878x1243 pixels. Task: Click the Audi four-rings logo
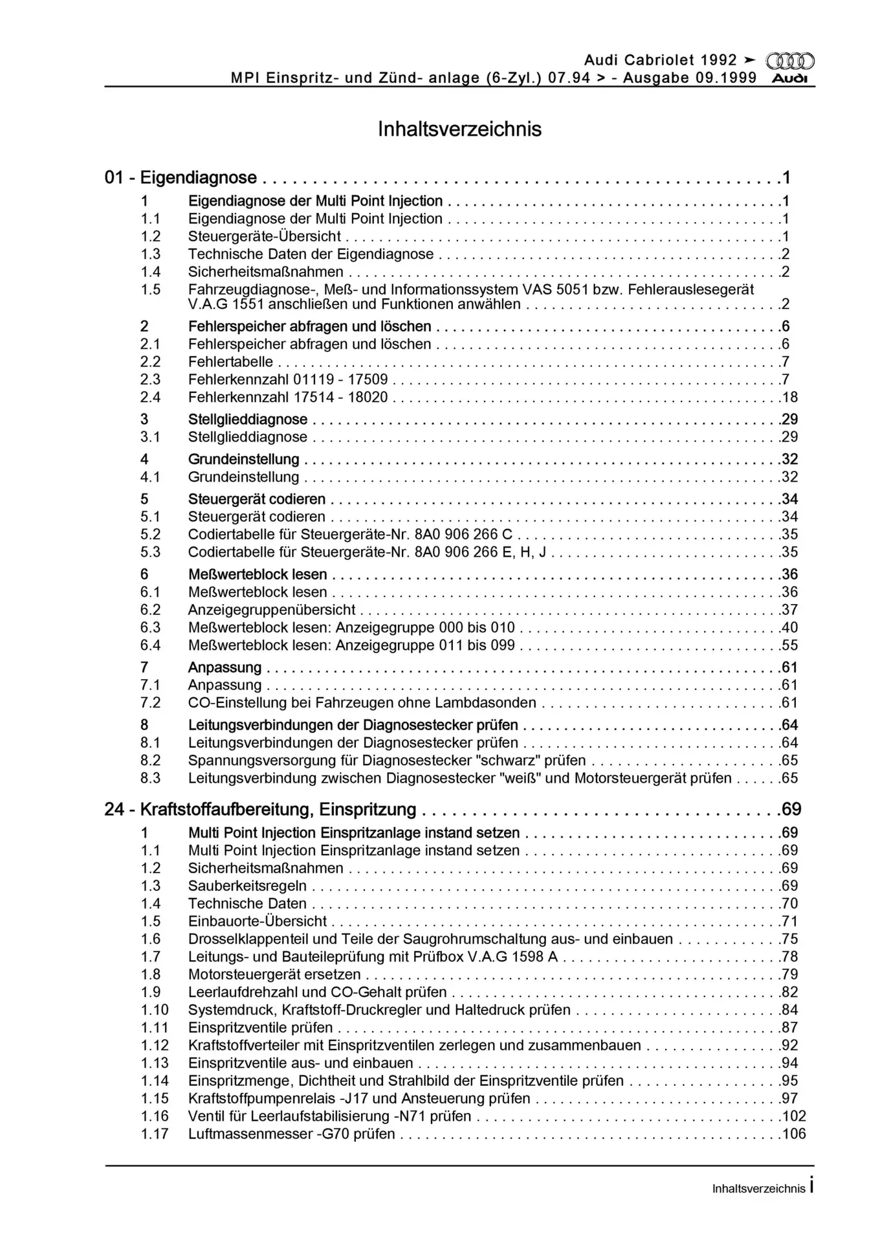[x=790, y=61]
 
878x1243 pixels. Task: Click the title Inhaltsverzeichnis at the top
[x=459, y=129]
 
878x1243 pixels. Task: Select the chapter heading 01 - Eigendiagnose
[x=181, y=177]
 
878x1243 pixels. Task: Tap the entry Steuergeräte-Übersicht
[x=264, y=236]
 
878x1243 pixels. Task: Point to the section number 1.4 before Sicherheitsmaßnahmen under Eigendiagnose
[x=151, y=272]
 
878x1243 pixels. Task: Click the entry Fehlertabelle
[x=230, y=362]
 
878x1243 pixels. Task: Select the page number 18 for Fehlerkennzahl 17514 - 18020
[x=789, y=398]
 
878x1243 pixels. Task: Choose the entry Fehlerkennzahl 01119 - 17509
[x=288, y=379]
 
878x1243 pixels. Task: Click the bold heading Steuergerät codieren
[x=257, y=499]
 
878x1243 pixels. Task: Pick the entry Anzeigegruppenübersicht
[x=272, y=610]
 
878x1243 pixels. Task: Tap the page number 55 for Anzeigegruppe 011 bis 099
[x=789, y=645]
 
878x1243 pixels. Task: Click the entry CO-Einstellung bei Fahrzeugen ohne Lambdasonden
[x=362, y=703]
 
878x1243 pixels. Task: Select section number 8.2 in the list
[x=151, y=761]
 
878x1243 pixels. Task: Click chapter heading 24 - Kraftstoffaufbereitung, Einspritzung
[x=260, y=809]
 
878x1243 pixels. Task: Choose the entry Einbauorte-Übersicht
[x=258, y=921]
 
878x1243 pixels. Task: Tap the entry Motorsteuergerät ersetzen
[x=274, y=974]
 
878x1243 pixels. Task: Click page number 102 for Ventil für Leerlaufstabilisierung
[x=793, y=1116]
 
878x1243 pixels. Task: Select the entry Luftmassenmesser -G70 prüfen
[x=291, y=1134]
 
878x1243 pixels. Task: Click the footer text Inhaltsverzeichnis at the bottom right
[x=758, y=1189]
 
